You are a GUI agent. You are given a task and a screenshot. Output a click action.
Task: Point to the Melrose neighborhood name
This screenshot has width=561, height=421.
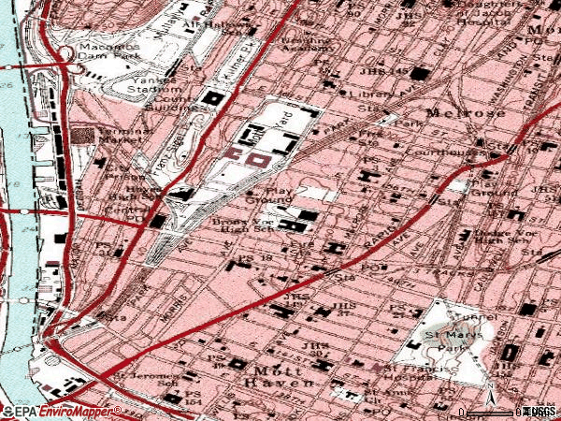click(453, 112)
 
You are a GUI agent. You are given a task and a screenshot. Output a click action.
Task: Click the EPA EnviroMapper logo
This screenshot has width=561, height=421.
click(61, 411)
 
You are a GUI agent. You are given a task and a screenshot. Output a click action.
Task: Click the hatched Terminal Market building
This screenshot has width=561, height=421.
click(84, 137)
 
